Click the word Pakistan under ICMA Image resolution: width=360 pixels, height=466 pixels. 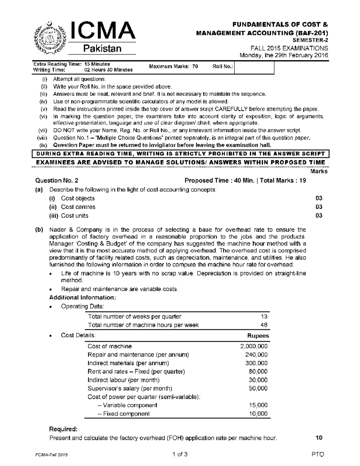coord(102,49)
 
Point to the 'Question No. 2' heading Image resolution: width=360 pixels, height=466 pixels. coord(57,181)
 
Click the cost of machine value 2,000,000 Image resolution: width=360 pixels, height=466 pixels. coord(254,346)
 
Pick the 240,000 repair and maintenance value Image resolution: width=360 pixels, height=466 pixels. coord(256,355)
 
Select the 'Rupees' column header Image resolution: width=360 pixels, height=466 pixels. coord(258,336)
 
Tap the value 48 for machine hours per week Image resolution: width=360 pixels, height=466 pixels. coord(264,325)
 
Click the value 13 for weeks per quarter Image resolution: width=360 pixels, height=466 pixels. coord(264,317)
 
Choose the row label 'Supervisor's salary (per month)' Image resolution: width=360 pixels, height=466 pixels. coord(130,388)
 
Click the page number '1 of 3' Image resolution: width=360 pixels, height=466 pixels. coord(180,454)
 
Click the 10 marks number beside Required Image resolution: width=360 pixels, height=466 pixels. coord(319,438)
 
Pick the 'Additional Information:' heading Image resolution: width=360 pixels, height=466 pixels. coord(82,298)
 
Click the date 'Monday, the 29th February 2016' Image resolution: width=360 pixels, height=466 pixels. coord(283,55)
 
